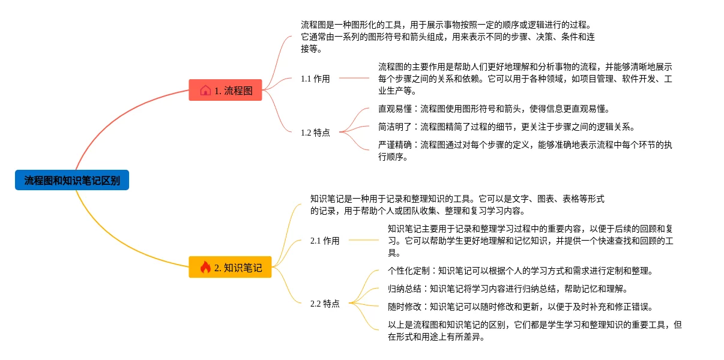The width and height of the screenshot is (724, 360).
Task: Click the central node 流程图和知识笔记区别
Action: tap(72, 180)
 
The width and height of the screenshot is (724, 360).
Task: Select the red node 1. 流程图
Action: tap(226, 91)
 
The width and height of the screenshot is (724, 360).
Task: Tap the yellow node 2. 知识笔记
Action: tap(230, 268)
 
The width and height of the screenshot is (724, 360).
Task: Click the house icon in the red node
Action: tap(205, 91)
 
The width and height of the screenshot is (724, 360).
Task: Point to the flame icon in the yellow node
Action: tap(205, 268)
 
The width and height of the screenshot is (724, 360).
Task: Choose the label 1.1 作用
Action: tap(315, 79)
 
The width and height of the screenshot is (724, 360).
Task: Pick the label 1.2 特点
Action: tap(315, 133)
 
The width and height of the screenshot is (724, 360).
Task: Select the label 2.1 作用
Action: tap(325, 241)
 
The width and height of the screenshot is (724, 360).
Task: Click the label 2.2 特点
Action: tap(325, 304)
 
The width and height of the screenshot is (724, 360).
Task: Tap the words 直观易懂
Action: tap(394, 109)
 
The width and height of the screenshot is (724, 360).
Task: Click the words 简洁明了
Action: tap(394, 127)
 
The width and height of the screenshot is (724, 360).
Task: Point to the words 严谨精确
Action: tap(394, 145)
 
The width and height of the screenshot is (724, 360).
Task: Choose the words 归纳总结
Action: tap(404, 289)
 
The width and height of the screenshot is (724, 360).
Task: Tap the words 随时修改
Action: tap(404, 307)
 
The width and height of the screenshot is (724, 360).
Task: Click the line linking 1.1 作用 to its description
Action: tap(354, 78)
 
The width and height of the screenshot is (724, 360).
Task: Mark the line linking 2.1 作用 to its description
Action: tap(364, 240)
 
